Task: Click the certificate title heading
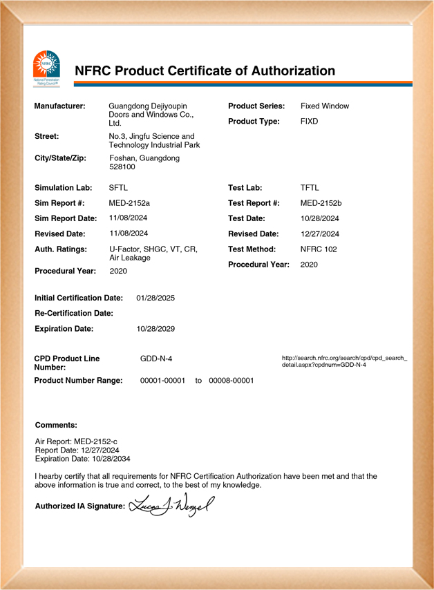pos(205,70)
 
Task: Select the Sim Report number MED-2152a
pos(130,203)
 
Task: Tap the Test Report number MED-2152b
pos(321,203)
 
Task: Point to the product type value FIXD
pos(310,122)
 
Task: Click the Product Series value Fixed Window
pos(325,106)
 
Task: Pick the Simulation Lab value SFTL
pos(119,188)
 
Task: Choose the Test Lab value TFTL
pos(310,188)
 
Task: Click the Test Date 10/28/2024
pos(320,218)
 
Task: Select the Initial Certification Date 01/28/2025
pos(155,298)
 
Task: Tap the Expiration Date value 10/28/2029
pos(155,328)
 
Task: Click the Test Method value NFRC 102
pos(319,249)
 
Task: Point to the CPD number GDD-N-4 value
pos(156,359)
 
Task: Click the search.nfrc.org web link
pos(344,361)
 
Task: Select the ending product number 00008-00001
pos(232,381)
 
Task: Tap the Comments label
pos(56,425)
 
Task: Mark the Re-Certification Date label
pos(73,313)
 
